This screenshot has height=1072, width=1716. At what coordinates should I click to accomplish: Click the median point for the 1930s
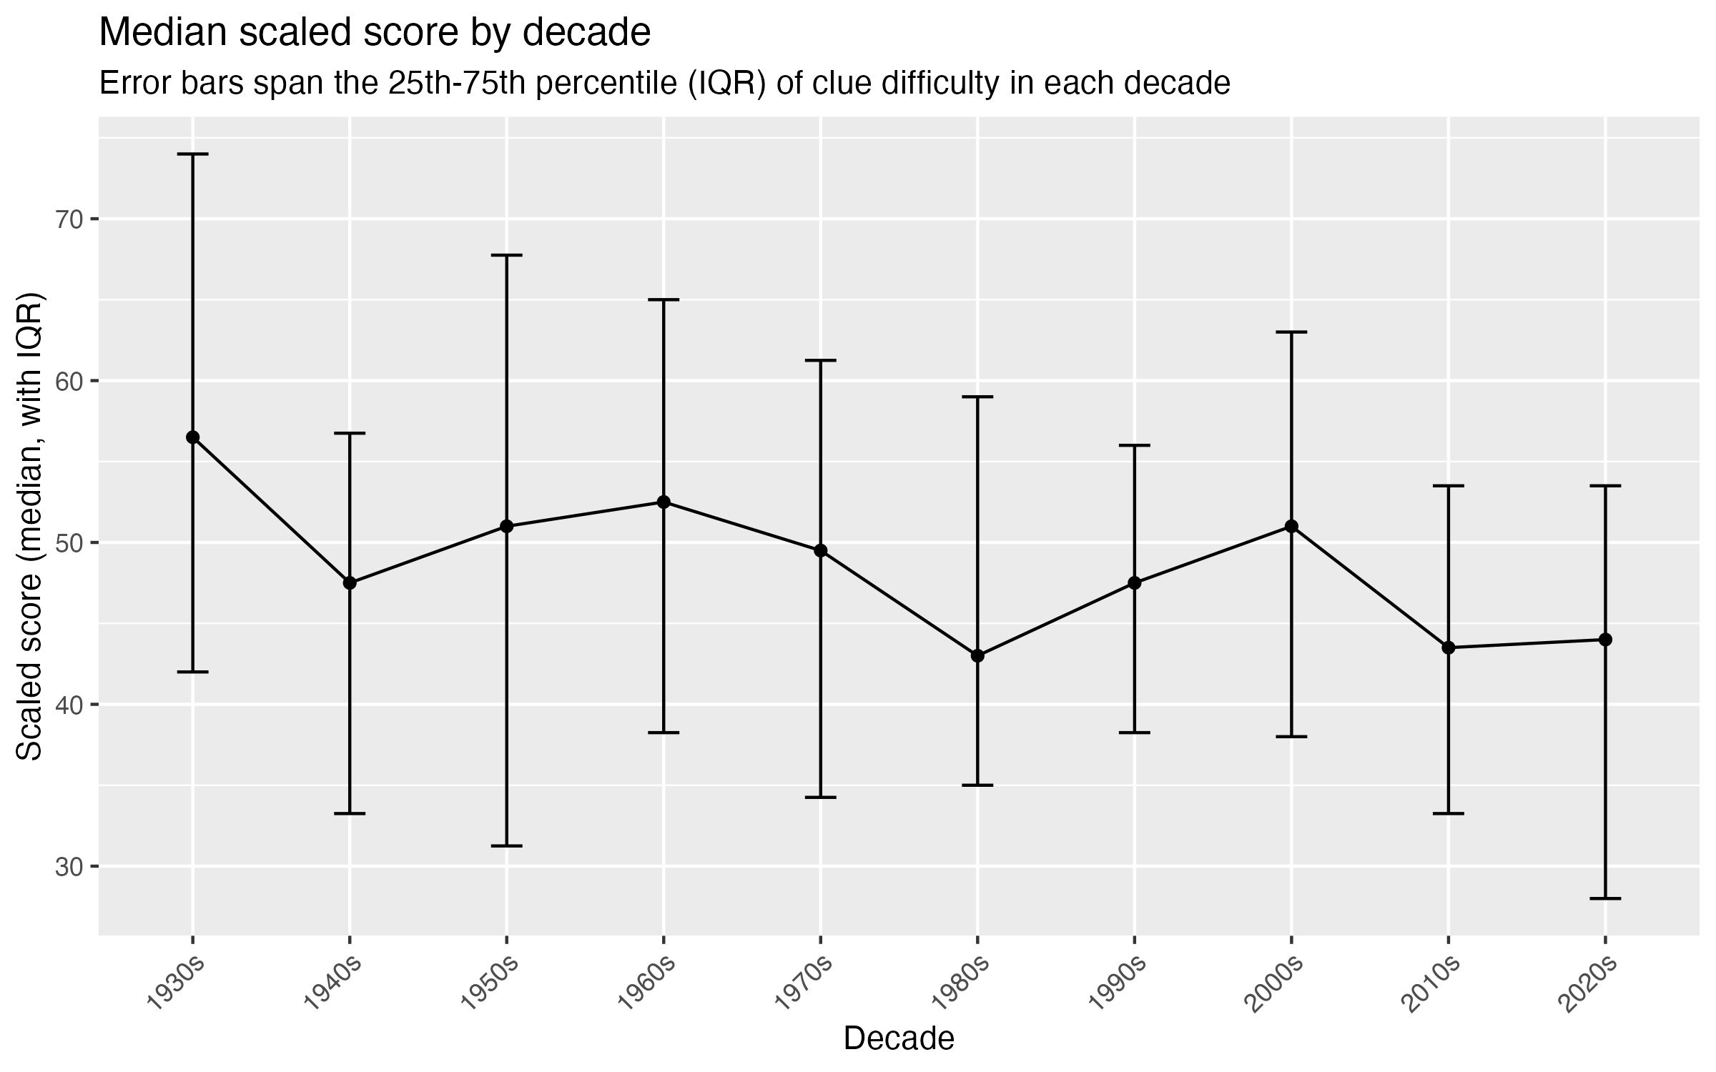click(x=192, y=437)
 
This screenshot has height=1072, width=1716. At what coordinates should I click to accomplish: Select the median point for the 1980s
click(x=977, y=656)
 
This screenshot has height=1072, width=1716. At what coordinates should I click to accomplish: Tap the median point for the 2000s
click(x=1291, y=527)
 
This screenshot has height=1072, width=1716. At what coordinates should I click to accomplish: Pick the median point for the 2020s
click(x=1605, y=640)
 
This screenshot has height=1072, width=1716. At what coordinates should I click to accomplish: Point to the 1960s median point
click(x=664, y=502)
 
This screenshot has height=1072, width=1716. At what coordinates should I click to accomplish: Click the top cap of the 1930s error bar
click(x=192, y=154)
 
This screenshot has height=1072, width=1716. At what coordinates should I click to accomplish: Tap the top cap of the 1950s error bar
click(x=506, y=255)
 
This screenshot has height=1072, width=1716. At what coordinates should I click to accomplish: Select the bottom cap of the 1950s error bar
click(x=506, y=846)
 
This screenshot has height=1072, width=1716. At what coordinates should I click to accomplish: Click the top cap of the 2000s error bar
click(x=1291, y=332)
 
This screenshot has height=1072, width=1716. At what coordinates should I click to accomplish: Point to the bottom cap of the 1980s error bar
click(x=977, y=785)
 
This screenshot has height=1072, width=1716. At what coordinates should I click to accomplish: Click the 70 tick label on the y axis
click(x=68, y=219)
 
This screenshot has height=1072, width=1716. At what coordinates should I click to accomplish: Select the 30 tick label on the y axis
click(x=68, y=867)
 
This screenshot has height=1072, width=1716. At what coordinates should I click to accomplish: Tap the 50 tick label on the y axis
click(x=68, y=543)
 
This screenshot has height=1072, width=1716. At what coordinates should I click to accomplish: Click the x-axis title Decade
click(x=899, y=1039)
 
